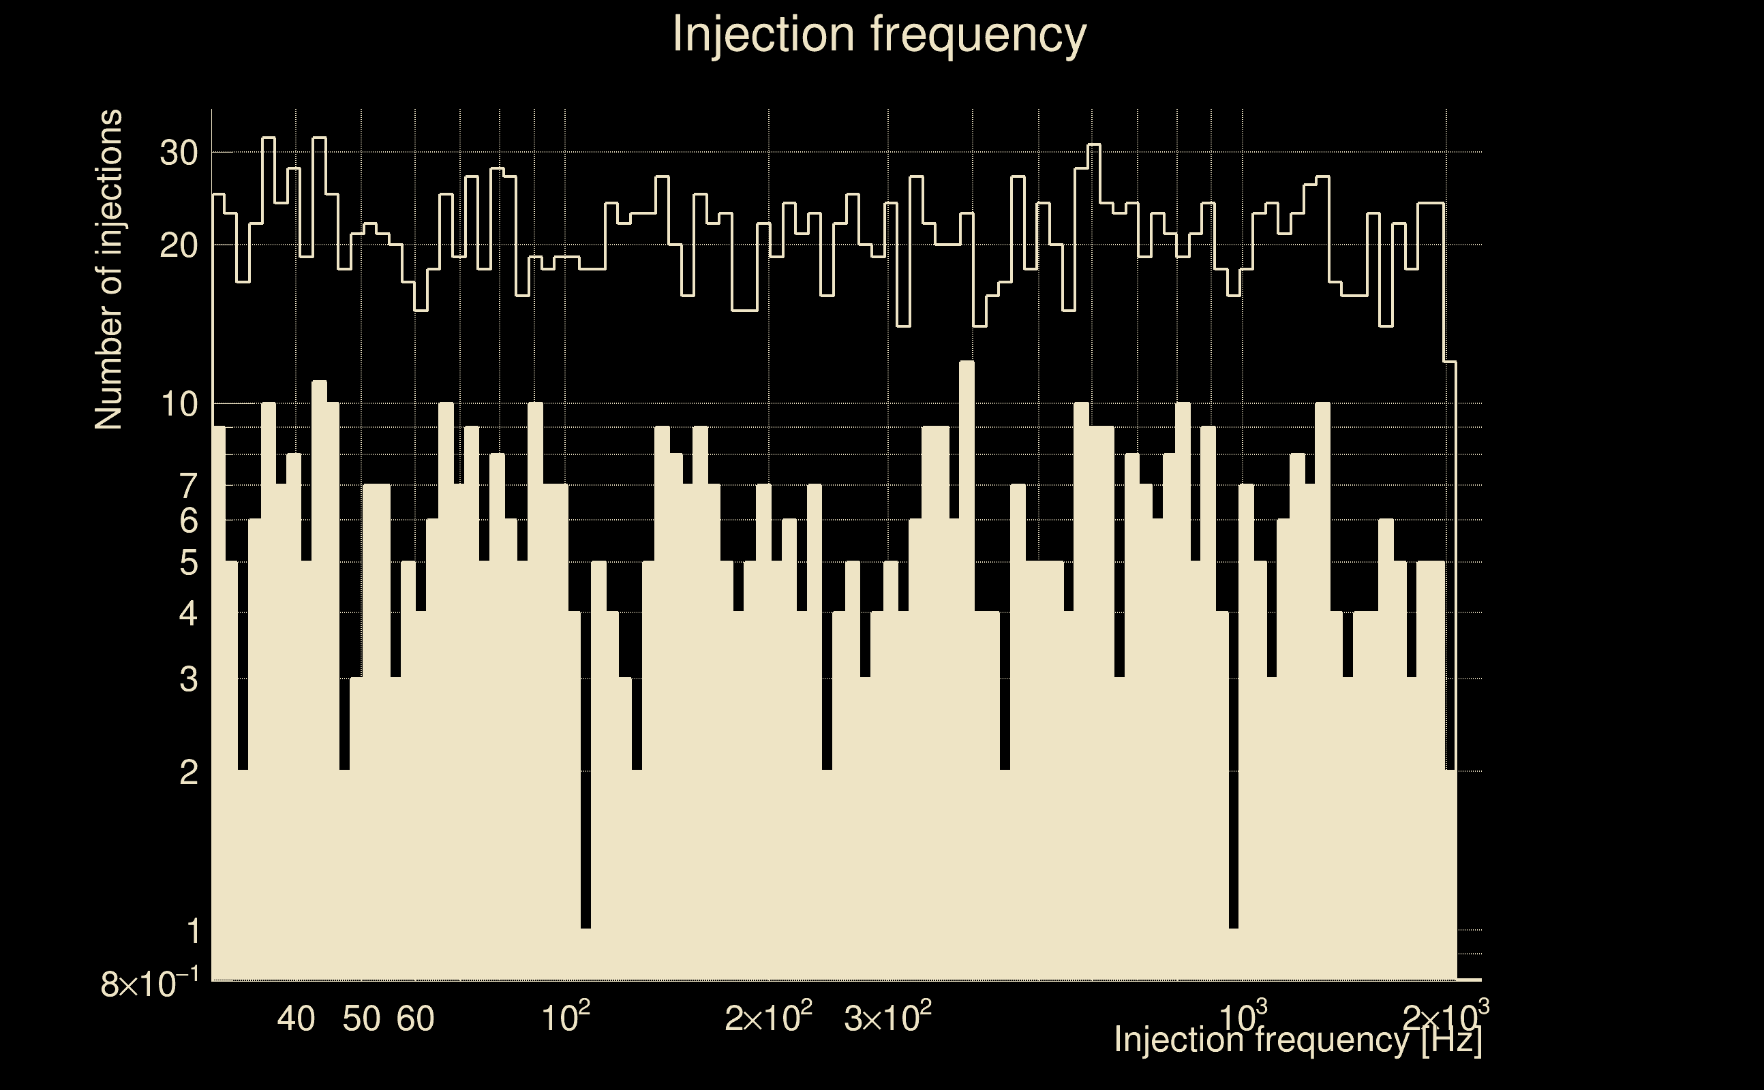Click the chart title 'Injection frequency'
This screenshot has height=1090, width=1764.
click(879, 34)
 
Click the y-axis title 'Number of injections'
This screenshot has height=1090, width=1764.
click(109, 270)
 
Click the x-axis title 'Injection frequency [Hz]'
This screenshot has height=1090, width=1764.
click(1297, 1040)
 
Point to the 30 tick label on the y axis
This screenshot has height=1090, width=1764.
click(178, 153)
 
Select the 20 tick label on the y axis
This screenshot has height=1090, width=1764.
click(178, 247)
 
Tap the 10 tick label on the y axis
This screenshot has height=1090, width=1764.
click(178, 405)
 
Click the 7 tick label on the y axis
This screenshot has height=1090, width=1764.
click(188, 486)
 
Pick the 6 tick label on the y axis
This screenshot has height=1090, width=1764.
click(188, 520)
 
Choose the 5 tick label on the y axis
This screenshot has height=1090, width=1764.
click(188, 563)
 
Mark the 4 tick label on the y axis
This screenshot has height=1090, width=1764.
click(188, 614)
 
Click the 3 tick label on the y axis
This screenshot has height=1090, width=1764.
click(188, 679)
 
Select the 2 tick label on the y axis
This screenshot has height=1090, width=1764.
click(188, 773)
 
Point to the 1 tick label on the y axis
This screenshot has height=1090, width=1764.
click(193, 931)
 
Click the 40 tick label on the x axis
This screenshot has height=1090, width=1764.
click(296, 1018)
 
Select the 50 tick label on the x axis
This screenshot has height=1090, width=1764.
click(361, 1018)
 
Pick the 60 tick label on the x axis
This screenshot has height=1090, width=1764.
click(415, 1018)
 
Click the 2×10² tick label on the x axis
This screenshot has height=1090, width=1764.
click(768, 1018)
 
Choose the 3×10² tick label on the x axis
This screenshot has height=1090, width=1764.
click(887, 1018)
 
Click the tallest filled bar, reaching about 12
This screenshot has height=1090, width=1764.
click(967, 649)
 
